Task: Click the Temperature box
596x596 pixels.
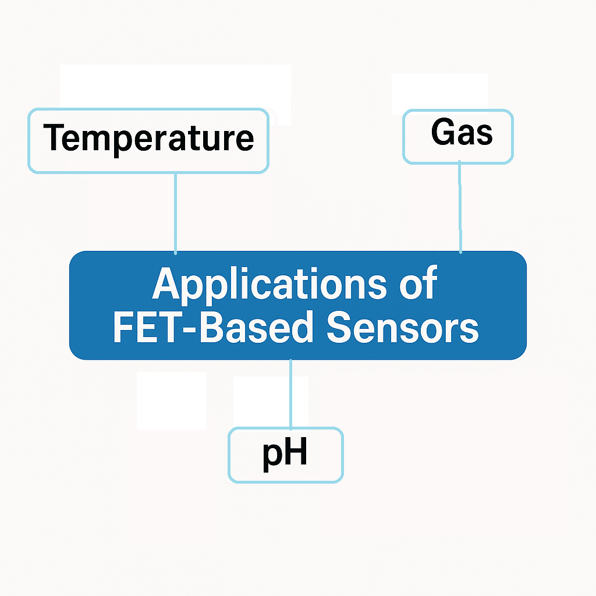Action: pos(148,140)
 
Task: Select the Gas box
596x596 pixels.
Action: pos(459,137)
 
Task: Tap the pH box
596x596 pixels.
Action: pos(285,455)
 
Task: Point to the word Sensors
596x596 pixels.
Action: pos(402,328)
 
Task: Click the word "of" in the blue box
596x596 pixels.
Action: pos(417,284)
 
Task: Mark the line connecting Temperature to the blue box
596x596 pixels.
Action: pos(175,212)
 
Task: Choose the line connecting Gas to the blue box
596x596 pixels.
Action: pos(460,208)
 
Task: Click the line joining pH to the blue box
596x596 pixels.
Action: pos(290,393)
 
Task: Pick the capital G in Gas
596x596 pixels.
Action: pos(442,133)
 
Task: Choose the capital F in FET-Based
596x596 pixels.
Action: pos(123,328)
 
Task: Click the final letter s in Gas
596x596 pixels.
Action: pos(484,135)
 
